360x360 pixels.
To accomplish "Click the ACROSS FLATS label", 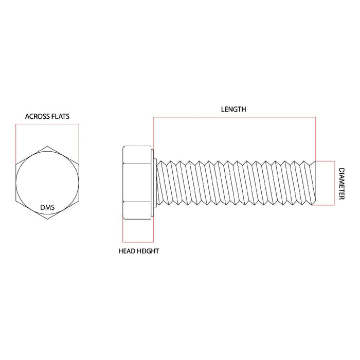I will click(x=47, y=116).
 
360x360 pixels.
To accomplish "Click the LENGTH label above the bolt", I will click(x=233, y=109).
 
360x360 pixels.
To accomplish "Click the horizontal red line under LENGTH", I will click(x=235, y=117).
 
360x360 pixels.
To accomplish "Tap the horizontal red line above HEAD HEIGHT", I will click(x=138, y=242).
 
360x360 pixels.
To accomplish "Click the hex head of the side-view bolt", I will click(x=136, y=183).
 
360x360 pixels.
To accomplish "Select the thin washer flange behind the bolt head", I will click(x=152, y=183).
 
